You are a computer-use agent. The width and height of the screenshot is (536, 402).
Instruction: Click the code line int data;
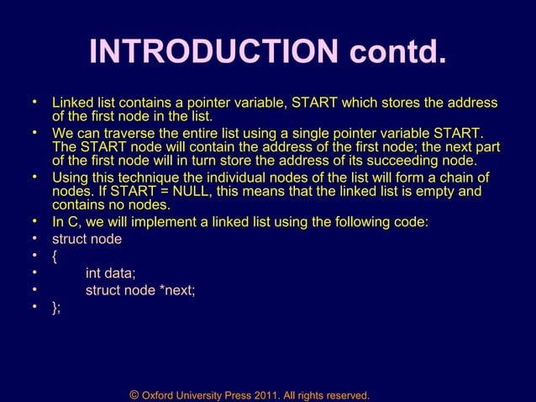pos(111,272)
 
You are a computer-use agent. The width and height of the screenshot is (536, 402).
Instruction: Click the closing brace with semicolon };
pos(56,308)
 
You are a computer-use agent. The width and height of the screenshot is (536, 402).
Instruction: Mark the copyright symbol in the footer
pos(134,394)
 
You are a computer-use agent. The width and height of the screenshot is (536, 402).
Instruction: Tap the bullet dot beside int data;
pos(36,272)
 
